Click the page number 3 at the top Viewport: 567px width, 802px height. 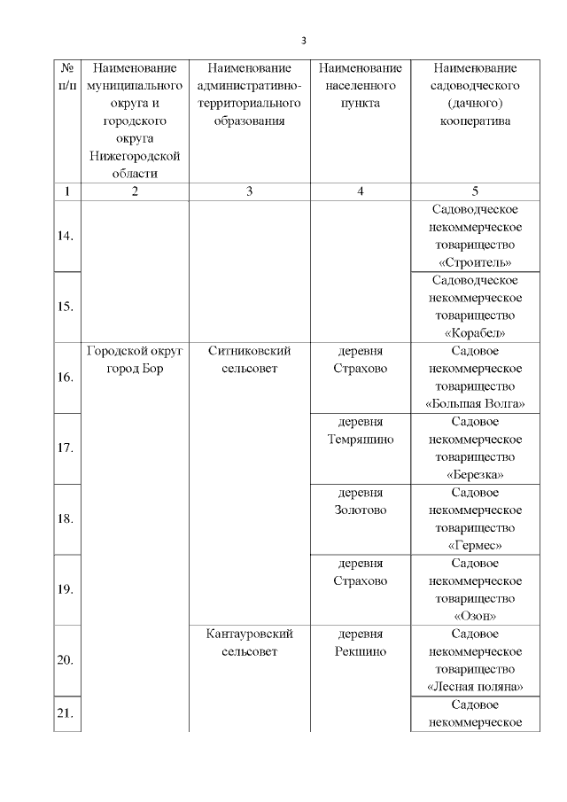[x=303, y=41]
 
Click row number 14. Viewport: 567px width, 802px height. [x=66, y=236]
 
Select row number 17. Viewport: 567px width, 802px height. [x=66, y=448]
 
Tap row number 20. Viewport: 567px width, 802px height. [x=66, y=660]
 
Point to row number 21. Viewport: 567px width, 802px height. [x=66, y=713]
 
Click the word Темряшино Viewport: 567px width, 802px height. [x=360, y=440]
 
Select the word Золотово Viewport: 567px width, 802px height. [x=360, y=510]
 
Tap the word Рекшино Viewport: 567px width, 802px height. [x=360, y=652]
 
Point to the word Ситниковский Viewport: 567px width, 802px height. [x=249, y=351]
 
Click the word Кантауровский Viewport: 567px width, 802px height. [x=249, y=635]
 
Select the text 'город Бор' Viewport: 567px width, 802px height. [x=135, y=369]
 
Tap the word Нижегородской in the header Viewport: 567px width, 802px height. [x=135, y=156]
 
